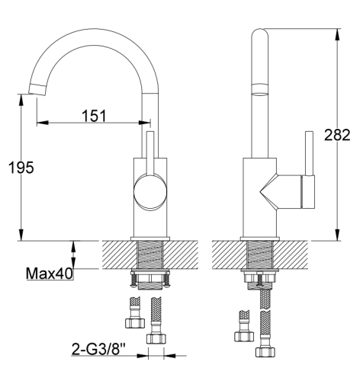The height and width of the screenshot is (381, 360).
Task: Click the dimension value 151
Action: [x=94, y=116]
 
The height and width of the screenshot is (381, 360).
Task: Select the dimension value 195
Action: [x=21, y=168]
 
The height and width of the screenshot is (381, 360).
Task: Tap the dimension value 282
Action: [x=337, y=135]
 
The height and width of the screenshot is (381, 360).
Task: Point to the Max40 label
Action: [x=50, y=274]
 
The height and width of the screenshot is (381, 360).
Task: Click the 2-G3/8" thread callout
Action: [x=99, y=349]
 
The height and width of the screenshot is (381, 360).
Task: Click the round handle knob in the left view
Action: [x=150, y=192]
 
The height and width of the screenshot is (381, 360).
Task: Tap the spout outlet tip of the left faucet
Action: [x=37, y=90]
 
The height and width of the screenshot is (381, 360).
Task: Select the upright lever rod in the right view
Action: [x=309, y=153]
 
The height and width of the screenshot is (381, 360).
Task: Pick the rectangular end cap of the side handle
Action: [x=308, y=192]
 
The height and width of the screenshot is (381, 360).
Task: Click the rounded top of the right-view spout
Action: [x=259, y=33]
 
